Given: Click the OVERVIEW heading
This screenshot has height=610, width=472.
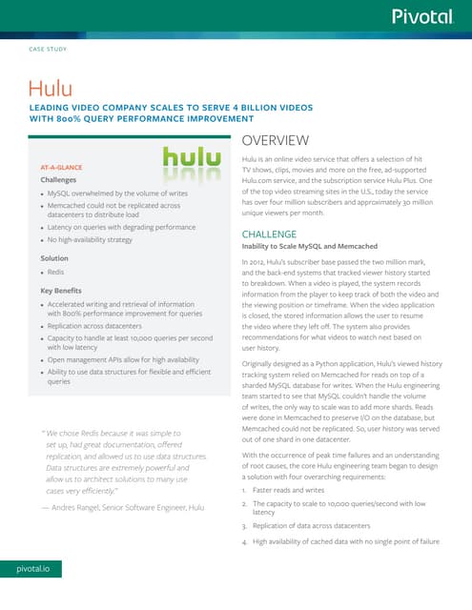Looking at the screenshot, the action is point(276,140).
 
